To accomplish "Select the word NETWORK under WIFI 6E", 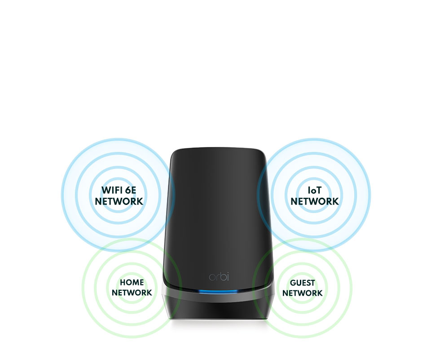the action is click(x=119, y=201).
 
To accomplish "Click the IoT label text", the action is click(x=314, y=190).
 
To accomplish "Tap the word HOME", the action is click(x=132, y=282).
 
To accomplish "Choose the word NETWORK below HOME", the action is click(x=132, y=293).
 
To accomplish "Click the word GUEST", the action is click(x=302, y=283).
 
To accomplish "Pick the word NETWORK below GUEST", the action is click(x=302, y=293).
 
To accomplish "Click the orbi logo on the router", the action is click(x=219, y=276).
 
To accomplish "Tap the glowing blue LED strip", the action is click(x=219, y=291).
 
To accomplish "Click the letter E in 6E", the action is click(x=134, y=190).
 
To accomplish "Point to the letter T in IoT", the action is click(x=318, y=190).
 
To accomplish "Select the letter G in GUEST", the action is click(x=293, y=283).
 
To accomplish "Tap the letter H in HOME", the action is click(x=123, y=282).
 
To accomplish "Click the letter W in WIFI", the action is click(x=106, y=190).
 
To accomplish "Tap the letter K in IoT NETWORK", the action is click(x=336, y=201).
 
